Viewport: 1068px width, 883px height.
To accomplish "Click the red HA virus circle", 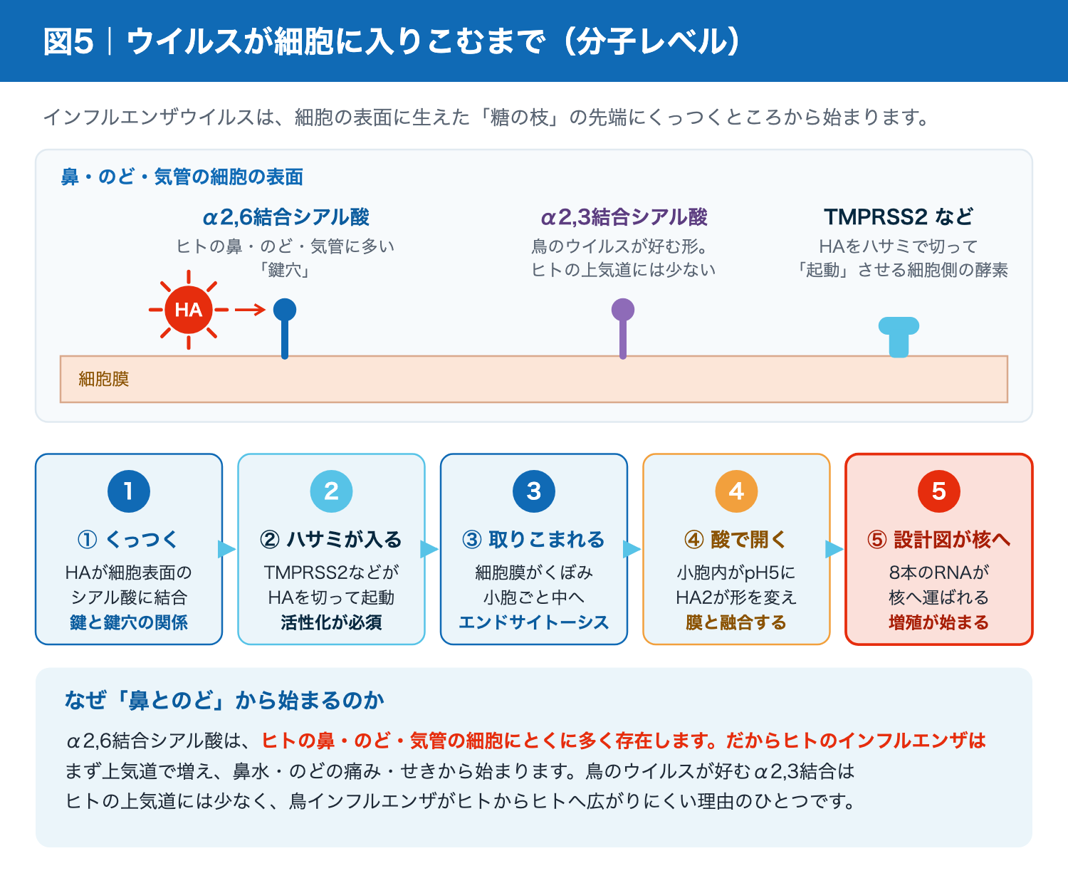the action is pos(188,310).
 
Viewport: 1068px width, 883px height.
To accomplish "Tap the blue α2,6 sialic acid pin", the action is pos(285,328).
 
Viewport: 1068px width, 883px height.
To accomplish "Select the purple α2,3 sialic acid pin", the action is pos(623,328).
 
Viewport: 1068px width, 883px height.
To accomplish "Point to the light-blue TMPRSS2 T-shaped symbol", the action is pos(899,337).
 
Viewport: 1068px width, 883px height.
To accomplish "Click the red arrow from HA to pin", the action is pos(250,310).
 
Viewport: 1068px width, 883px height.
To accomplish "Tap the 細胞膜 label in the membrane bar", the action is pos(104,379).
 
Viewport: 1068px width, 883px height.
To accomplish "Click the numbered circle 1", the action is pos(129,491).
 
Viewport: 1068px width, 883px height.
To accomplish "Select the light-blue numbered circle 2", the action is pos(332,491).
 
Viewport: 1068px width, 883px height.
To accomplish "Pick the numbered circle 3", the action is pos(534,491).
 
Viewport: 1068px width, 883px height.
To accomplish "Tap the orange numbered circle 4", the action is pos(736,491).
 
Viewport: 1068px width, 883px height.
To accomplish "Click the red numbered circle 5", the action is pos(939,491).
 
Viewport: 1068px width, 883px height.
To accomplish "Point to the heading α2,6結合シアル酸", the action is pos(286,217).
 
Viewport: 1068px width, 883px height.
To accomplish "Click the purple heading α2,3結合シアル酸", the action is pos(624,217).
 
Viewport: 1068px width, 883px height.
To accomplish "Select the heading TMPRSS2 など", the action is pos(899,217).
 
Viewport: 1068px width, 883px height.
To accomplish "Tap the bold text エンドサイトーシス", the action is pos(534,622).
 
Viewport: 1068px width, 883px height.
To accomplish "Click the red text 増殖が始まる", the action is pos(939,622).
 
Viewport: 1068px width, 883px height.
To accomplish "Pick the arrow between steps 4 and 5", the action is pos(834,549).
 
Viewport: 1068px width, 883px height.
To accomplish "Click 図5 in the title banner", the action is pos(68,41).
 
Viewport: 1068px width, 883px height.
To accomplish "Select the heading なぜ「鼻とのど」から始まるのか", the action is pos(224,700).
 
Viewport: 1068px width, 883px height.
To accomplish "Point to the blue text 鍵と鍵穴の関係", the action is pos(129,622).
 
